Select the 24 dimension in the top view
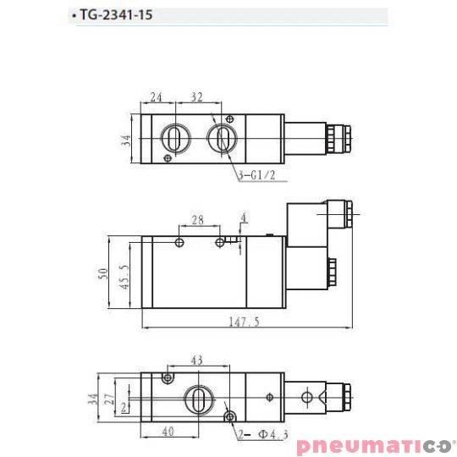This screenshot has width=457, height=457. click(157, 96)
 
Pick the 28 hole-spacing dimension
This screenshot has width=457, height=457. click(197, 220)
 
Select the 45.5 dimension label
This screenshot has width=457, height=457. click(124, 278)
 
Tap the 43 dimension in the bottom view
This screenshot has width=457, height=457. click(196, 361)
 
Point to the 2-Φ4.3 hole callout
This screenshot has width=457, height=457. click(262, 434)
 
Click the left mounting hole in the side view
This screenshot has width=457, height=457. click(179, 243)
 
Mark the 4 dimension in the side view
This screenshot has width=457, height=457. click(244, 218)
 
